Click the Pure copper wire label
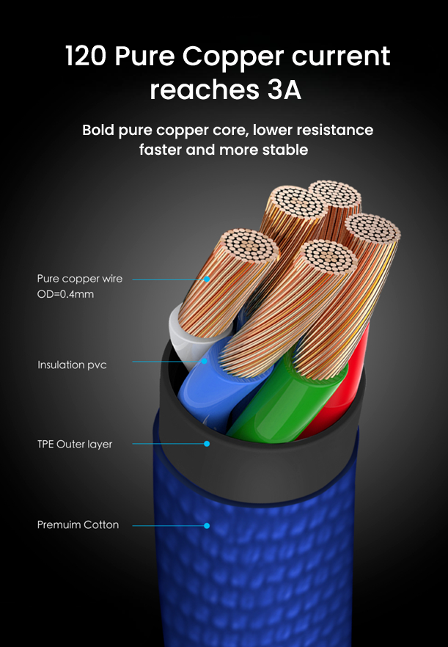tap(80, 279)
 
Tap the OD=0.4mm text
tap(66, 294)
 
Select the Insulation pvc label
tap(72, 365)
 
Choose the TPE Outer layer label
tap(75, 444)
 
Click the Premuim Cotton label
tap(78, 524)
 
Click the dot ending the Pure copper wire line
tap(207, 279)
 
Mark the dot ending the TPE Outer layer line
tap(207, 443)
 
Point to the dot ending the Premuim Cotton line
tap(207, 525)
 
